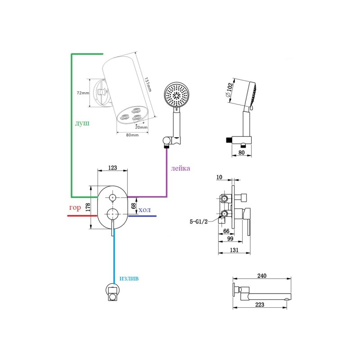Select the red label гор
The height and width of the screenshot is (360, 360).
75,208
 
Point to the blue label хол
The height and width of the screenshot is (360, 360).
144,210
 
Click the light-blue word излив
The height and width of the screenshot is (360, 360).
129,279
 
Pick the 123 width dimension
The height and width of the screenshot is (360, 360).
112,168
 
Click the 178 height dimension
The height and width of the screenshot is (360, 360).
88,207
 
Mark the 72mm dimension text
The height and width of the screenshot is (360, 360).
82,93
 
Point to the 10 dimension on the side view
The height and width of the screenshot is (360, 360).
219,177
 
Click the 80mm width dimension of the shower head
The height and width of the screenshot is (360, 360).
132,135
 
